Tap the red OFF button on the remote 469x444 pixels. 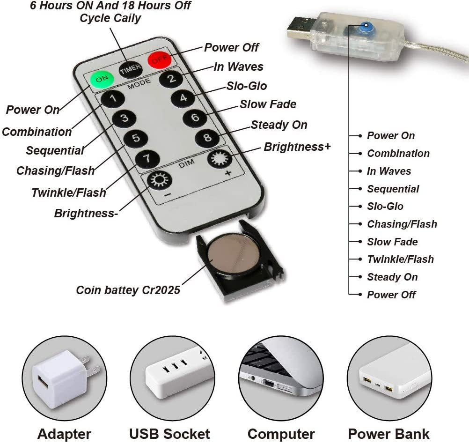click(x=160, y=60)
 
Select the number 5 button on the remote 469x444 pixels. click(x=136, y=138)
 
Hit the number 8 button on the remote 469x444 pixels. click(x=207, y=138)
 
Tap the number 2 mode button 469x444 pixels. click(x=171, y=79)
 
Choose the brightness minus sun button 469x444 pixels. click(x=160, y=180)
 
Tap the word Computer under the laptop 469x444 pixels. click(x=281, y=434)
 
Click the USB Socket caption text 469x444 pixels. click(x=169, y=434)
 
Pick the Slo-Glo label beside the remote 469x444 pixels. click(x=247, y=86)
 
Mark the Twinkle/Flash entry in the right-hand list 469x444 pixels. click(x=401, y=259)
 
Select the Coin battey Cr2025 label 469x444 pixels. click(x=128, y=290)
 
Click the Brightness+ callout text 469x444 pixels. click(x=297, y=147)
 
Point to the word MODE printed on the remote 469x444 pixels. click(x=139, y=84)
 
